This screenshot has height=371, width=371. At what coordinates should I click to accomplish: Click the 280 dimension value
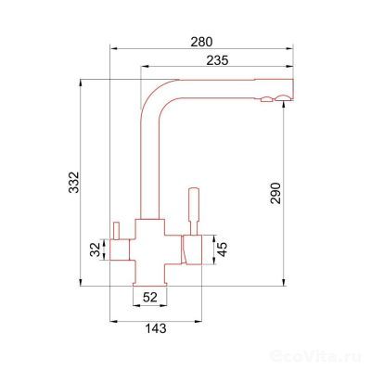pyautogui.click(x=201, y=42)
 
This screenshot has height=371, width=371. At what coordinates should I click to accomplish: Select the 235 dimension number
pyautogui.click(x=217, y=60)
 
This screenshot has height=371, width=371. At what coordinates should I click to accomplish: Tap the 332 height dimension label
pyautogui.click(x=74, y=182)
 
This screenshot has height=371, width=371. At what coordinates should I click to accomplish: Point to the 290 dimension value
pyautogui.click(x=275, y=193)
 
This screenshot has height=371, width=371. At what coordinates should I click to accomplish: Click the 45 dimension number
pyautogui.click(x=222, y=249)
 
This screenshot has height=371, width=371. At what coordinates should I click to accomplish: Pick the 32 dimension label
pyautogui.click(x=96, y=249)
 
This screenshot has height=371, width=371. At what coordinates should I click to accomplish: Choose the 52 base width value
pyautogui.click(x=150, y=298)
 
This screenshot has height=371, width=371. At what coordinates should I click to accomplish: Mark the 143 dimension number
pyautogui.click(x=156, y=328)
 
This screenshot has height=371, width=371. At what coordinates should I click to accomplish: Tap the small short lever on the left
pyautogui.click(x=116, y=231)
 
